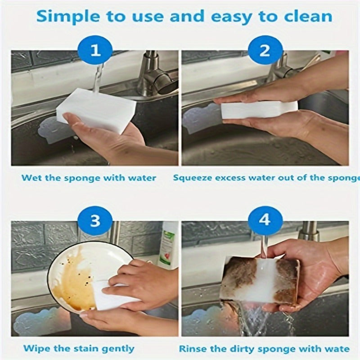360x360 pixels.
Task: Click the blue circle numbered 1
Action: (x=95, y=50)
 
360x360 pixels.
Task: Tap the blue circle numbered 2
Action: (x=265, y=50)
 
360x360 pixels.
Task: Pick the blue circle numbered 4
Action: (x=265, y=220)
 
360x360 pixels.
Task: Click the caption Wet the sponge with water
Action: (x=89, y=178)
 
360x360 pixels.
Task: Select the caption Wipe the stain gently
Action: (x=78, y=348)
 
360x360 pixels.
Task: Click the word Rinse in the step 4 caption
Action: (x=193, y=348)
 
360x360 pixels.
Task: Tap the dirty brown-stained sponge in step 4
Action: (x=260, y=280)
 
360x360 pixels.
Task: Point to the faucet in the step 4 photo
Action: (x=309, y=231)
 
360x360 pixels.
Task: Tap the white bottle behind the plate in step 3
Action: (x=169, y=245)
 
